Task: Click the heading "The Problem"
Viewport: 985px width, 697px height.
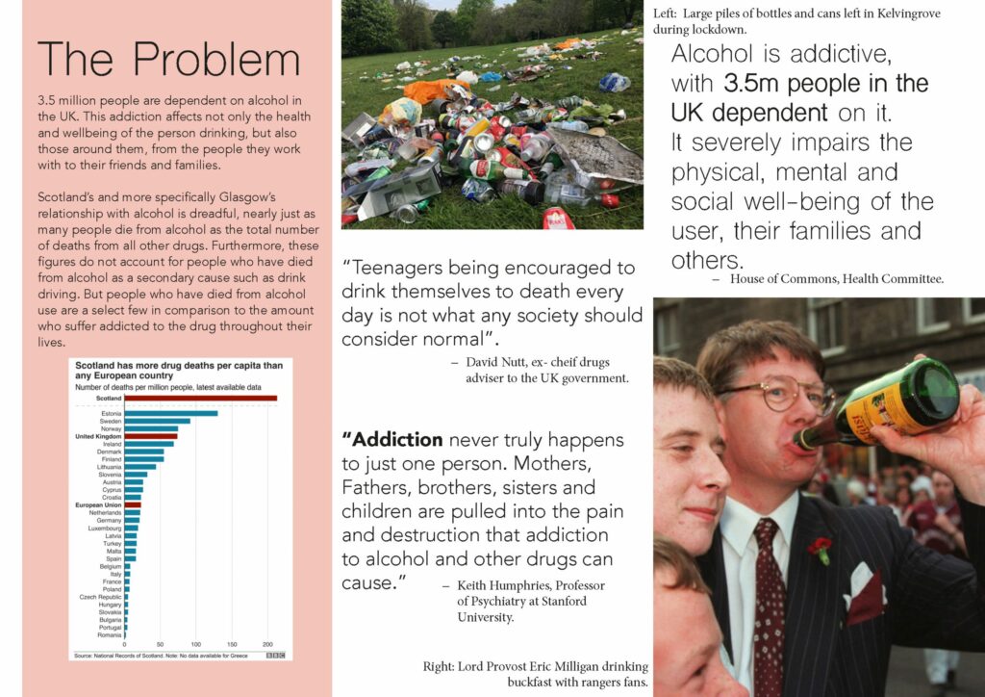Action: [x=168, y=60]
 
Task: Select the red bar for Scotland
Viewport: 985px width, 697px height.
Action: [x=200, y=398]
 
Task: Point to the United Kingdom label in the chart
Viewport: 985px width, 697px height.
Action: [x=98, y=436]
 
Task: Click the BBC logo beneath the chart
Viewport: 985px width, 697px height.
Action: [x=275, y=655]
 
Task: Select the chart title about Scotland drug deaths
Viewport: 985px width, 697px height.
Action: [x=179, y=371]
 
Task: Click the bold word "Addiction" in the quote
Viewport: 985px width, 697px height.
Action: [x=392, y=440]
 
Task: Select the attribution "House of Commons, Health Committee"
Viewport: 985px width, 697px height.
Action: [x=827, y=279]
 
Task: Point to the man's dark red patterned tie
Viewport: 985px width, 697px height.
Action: [x=769, y=597]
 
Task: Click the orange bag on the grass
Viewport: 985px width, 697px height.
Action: [x=435, y=90]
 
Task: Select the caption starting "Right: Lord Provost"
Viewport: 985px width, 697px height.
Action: [x=535, y=674]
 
